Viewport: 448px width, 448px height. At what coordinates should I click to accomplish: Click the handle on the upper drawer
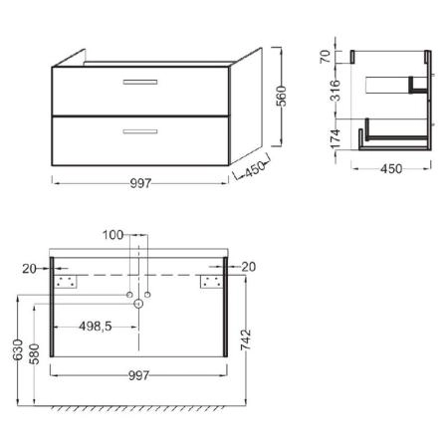pos(140,82)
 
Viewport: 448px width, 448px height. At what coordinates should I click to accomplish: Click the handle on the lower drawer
pos(140,131)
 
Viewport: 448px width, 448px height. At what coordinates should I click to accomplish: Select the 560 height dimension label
pos(282,97)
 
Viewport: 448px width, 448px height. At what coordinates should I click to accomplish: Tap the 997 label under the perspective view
pos(140,183)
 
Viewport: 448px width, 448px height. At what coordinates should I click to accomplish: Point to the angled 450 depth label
pos(255,169)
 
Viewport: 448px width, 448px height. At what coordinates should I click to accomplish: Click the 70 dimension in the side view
pos(326,57)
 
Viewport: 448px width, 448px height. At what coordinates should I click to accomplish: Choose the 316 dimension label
pos(336,91)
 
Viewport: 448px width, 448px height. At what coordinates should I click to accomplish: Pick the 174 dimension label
pos(336,139)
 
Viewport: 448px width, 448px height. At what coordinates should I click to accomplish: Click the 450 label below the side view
pos(391,169)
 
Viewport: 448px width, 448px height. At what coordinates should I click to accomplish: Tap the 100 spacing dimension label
pos(112,235)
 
